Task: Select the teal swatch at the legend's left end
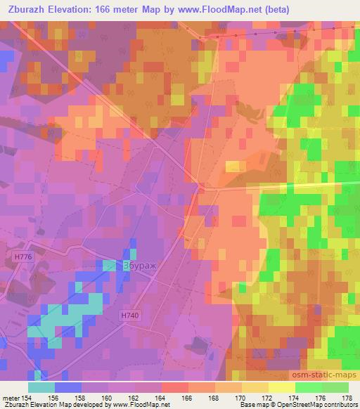[41, 387]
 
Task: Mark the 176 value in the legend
[321, 397]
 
